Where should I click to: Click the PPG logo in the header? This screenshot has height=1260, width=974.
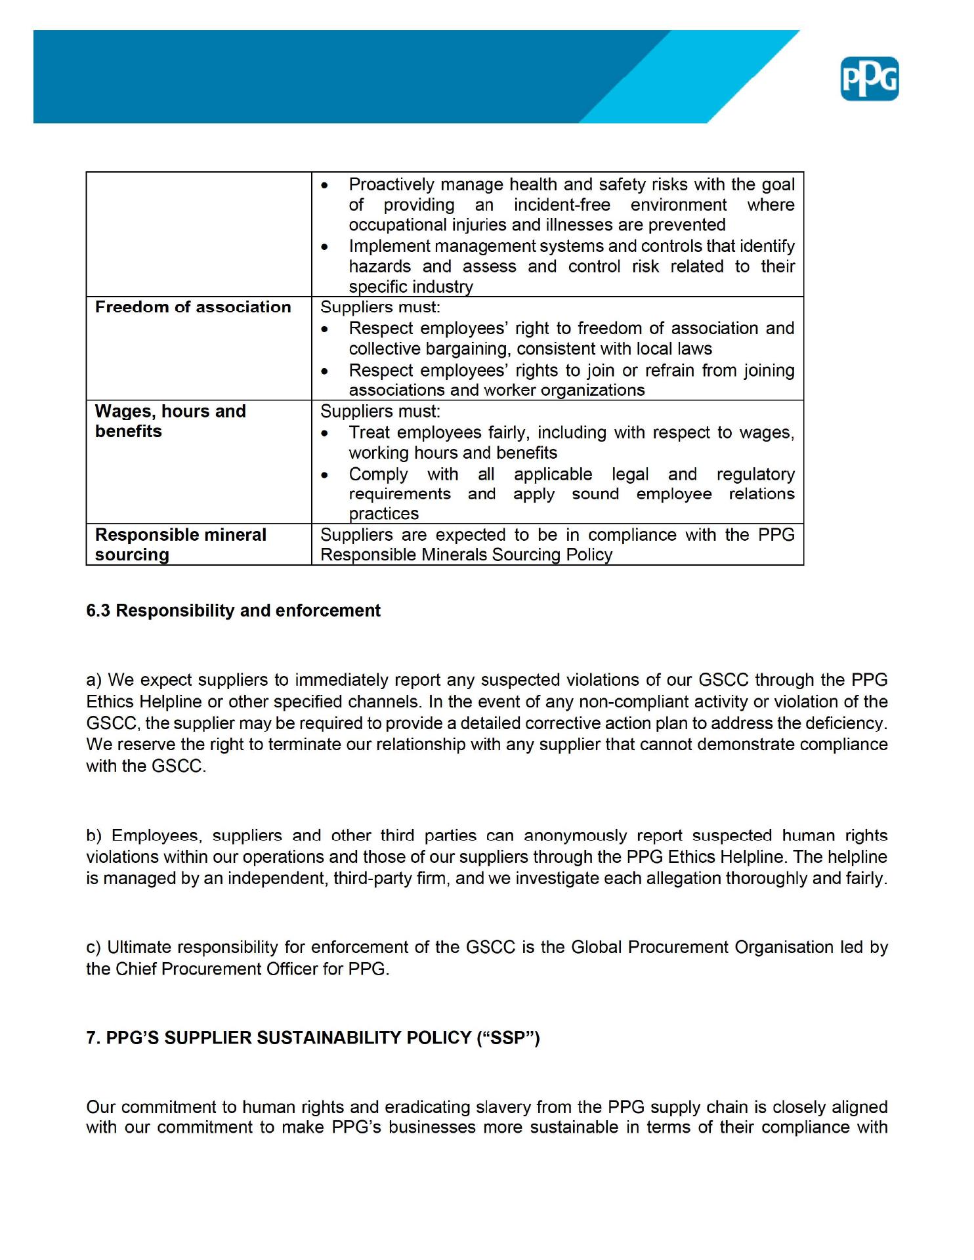click(869, 79)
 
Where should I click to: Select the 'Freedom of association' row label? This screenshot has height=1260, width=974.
click(193, 307)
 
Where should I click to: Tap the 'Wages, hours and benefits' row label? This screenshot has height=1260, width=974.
click(170, 421)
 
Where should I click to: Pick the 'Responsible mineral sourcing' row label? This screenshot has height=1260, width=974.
click(180, 545)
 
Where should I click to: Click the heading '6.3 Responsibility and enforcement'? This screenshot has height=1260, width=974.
click(233, 611)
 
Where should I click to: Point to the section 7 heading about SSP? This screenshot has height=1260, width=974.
click(312, 1038)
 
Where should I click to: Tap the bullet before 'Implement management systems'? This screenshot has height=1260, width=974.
click(325, 247)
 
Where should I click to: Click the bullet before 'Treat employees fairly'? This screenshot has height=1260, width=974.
click(325, 434)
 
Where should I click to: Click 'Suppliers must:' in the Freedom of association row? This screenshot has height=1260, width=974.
click(380, 307)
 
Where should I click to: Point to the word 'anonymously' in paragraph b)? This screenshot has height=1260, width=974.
click(575, 836)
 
